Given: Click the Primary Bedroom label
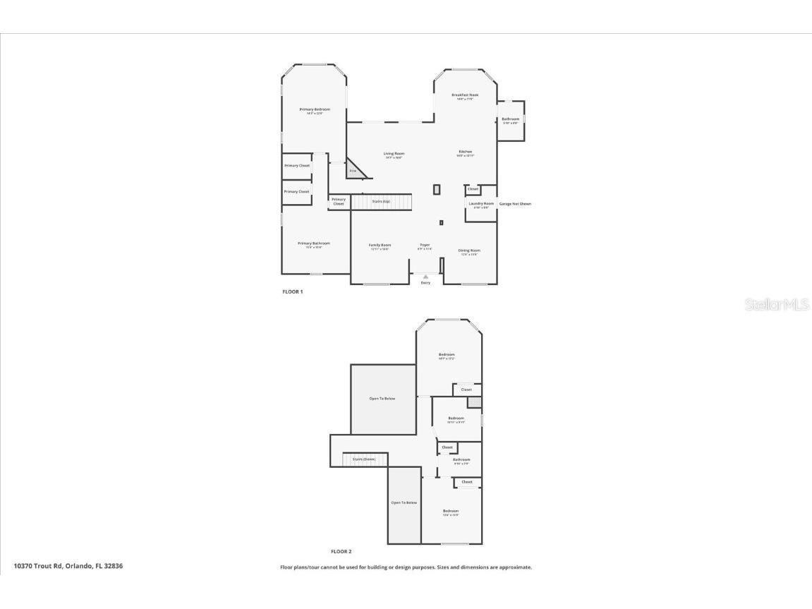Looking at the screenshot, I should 314,109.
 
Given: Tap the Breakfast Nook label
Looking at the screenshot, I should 465,95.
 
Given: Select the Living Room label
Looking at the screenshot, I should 394,154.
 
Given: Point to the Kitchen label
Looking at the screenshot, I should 465,152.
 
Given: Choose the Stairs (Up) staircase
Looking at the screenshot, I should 382,202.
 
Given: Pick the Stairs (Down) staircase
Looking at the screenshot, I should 365,459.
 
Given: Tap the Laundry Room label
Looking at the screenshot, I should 481,204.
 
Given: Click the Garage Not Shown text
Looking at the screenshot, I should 515,204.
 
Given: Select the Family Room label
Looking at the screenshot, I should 380,245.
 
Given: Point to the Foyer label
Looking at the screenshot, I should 424,245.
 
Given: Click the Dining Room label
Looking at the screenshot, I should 469,251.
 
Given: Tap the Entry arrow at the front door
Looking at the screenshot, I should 425,277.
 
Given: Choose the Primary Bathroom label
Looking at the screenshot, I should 313,243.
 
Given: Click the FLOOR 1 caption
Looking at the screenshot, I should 292,291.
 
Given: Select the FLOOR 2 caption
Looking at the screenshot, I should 341,552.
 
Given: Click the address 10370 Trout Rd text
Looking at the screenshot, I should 68,566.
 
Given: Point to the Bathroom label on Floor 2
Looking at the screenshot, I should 461,459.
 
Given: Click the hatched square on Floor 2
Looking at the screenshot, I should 474,402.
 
